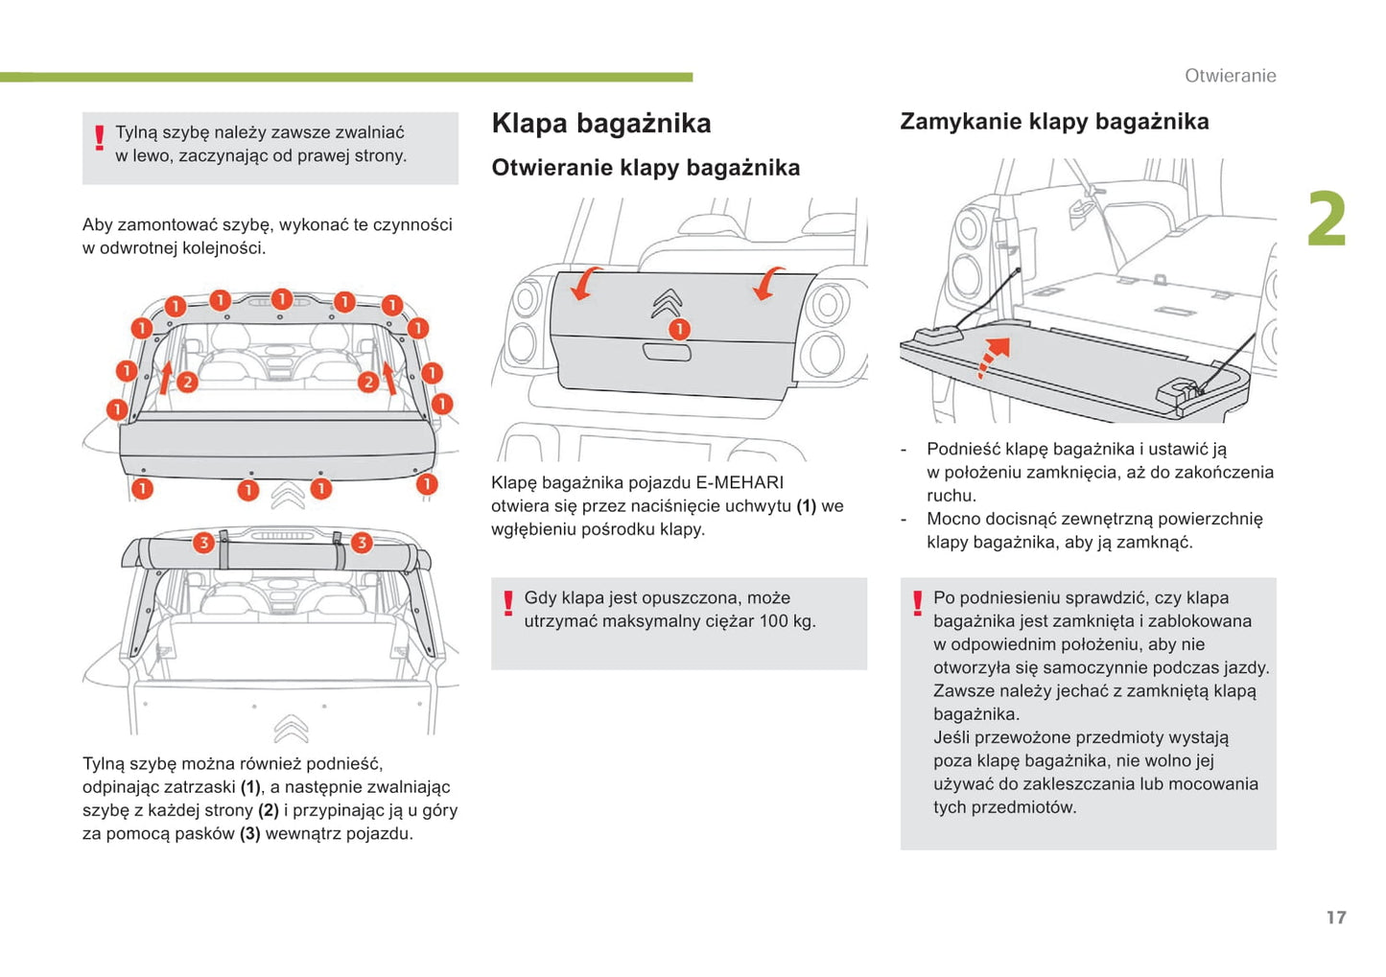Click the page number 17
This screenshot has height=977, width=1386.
1336,918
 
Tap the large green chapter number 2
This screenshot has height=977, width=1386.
1327,220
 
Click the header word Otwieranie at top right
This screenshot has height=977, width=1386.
1230,76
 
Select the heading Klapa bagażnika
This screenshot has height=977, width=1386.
601,124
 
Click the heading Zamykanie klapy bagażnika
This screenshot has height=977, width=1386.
1054,122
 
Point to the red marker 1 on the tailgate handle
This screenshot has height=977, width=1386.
679,330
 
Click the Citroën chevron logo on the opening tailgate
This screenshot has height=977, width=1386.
667,303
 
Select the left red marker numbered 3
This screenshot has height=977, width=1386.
203,543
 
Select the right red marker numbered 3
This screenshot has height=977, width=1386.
362,543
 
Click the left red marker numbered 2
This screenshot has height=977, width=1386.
187,382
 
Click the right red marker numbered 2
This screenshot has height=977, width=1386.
368,382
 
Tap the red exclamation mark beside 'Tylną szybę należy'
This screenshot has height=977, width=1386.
99,140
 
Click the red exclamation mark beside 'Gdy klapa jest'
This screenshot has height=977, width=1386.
508,604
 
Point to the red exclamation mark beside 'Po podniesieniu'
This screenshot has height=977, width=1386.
918,603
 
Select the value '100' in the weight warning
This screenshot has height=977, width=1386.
774,621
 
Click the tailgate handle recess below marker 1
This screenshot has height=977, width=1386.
667,353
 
